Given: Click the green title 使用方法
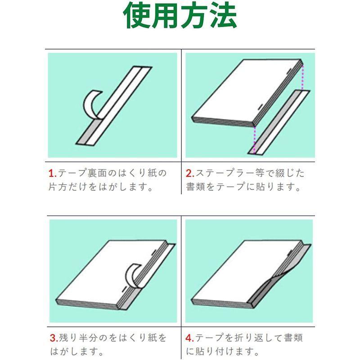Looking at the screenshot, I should pyautogui.click(x=180, y=17).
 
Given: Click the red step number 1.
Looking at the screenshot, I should pyautogui.click(x=52, y=173).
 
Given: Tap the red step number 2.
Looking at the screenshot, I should pyautogui.click(x=189, y=173).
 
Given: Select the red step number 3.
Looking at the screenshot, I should pyautogui.click(x=52, y=337).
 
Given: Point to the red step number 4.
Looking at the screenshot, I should pyautogui.click(x=189, y=337).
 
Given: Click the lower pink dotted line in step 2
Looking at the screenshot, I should pyautogui.click(x=255, y=139).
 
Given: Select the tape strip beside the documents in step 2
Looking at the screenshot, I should pyautogui.click(x=279, y=121).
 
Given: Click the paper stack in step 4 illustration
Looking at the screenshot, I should pyautogui.click(x=238, y=270).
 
